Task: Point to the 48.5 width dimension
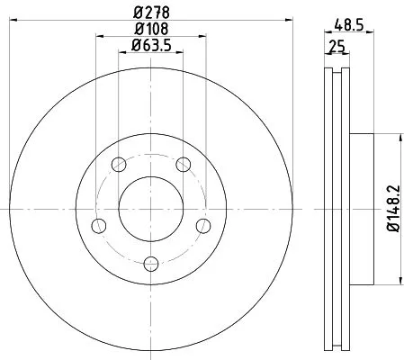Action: click(349, 26)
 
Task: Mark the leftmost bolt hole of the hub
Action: click(100, 224)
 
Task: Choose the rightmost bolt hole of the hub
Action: click(202, 224)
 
